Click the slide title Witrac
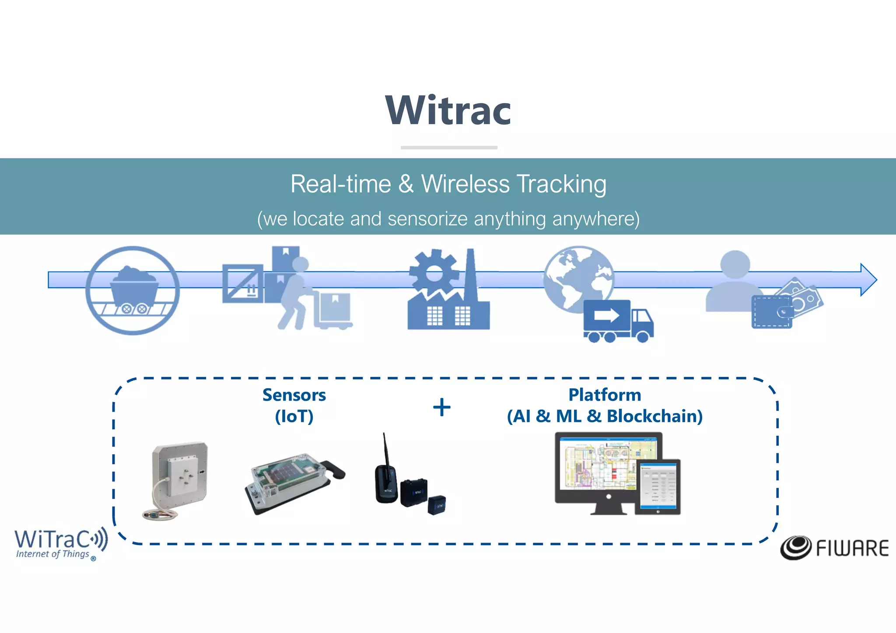(x=448, y=111)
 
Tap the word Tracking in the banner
(x=561, y=184)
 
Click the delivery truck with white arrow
(x=617, y=321)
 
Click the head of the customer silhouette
(x=735, y=264)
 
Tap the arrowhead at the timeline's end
(x=868, y=280)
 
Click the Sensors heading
(x=294, y=395)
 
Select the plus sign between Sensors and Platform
(x=442, y=407)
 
